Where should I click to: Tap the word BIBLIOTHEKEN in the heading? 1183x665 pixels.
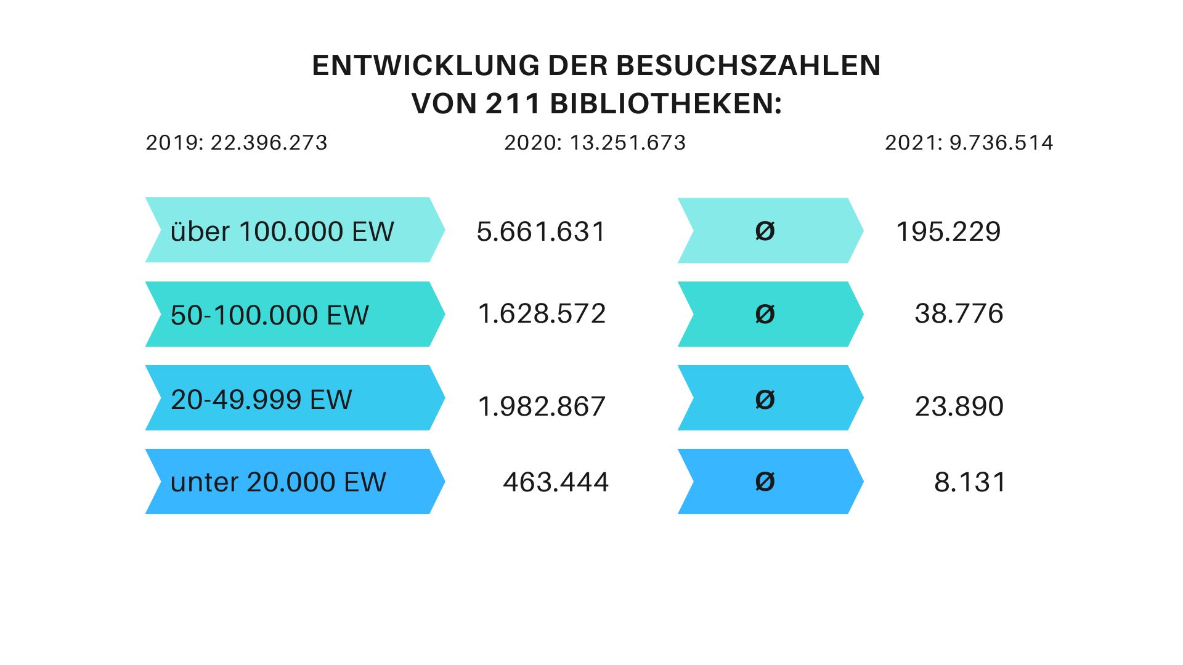(665, 103)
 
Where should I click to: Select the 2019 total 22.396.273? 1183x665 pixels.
(237, 143)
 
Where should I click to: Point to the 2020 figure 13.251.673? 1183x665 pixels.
(595, 143)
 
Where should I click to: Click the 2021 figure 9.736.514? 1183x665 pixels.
(969, 143)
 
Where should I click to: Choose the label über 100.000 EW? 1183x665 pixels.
(282, 232)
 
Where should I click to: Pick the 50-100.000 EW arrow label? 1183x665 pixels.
(269, 315)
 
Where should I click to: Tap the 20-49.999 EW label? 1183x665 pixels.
(261, 399)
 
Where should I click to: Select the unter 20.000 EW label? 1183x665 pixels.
(278, 482)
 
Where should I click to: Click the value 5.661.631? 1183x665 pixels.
(542, 232)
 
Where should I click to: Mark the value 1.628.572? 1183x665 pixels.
(542, 314)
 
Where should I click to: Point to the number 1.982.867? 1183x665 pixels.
(542, 406)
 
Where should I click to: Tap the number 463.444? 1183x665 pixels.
(556, 482)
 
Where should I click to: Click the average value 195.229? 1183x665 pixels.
(948, 232)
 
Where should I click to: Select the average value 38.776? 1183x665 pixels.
(959, 314)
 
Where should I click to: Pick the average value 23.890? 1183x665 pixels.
(959, 406)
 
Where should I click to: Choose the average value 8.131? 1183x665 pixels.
(970, 482)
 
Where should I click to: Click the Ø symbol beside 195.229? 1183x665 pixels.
(765, 232)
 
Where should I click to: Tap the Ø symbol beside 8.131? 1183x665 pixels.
(765, 482)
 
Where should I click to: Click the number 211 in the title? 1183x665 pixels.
(513, 103)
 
